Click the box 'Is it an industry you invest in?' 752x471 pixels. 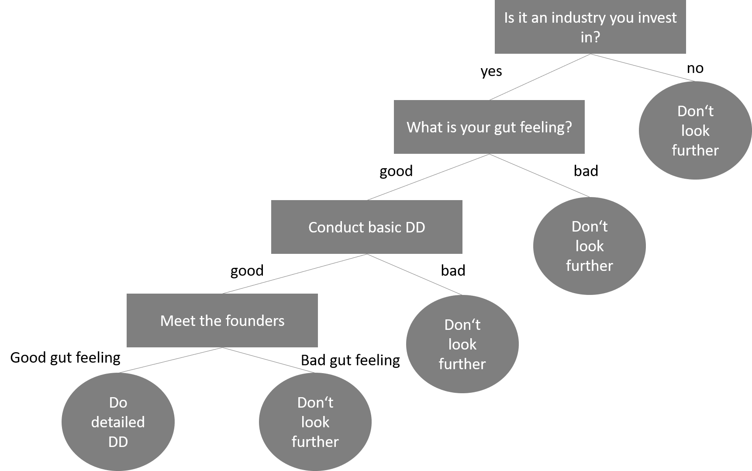pyautogui.click(x=590, y=27)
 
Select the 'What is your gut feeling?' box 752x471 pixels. pyautogui.click(x=489, y=127)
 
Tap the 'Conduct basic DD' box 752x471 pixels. pyautogui.click(x=366, y=227)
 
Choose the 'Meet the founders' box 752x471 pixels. pyautogui.click(x=222, y=320)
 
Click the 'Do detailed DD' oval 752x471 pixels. pyautogui.click(x=118, y=422)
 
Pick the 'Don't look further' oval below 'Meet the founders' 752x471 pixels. pyautogui.click(x=315, y=422)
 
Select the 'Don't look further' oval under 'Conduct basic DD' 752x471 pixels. pyautogui.click(x=462, y=344)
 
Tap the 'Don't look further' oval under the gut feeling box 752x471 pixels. pyautogui.click(x=589, y=246)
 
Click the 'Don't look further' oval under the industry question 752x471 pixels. pyautogui.click(x=695, y=130)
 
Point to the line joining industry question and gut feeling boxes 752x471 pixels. pyautogui.click(x=540, y=77)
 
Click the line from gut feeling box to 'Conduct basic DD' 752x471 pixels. pyautogui.click(x=428, y=177)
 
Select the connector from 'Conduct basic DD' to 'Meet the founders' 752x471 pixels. pyautogui.click(x=295, y=274)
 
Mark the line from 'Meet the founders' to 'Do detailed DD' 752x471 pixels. pyautogui.click(x=170, y=360)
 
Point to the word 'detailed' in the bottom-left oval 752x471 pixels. pyautogui.click(x=118, y=422)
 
